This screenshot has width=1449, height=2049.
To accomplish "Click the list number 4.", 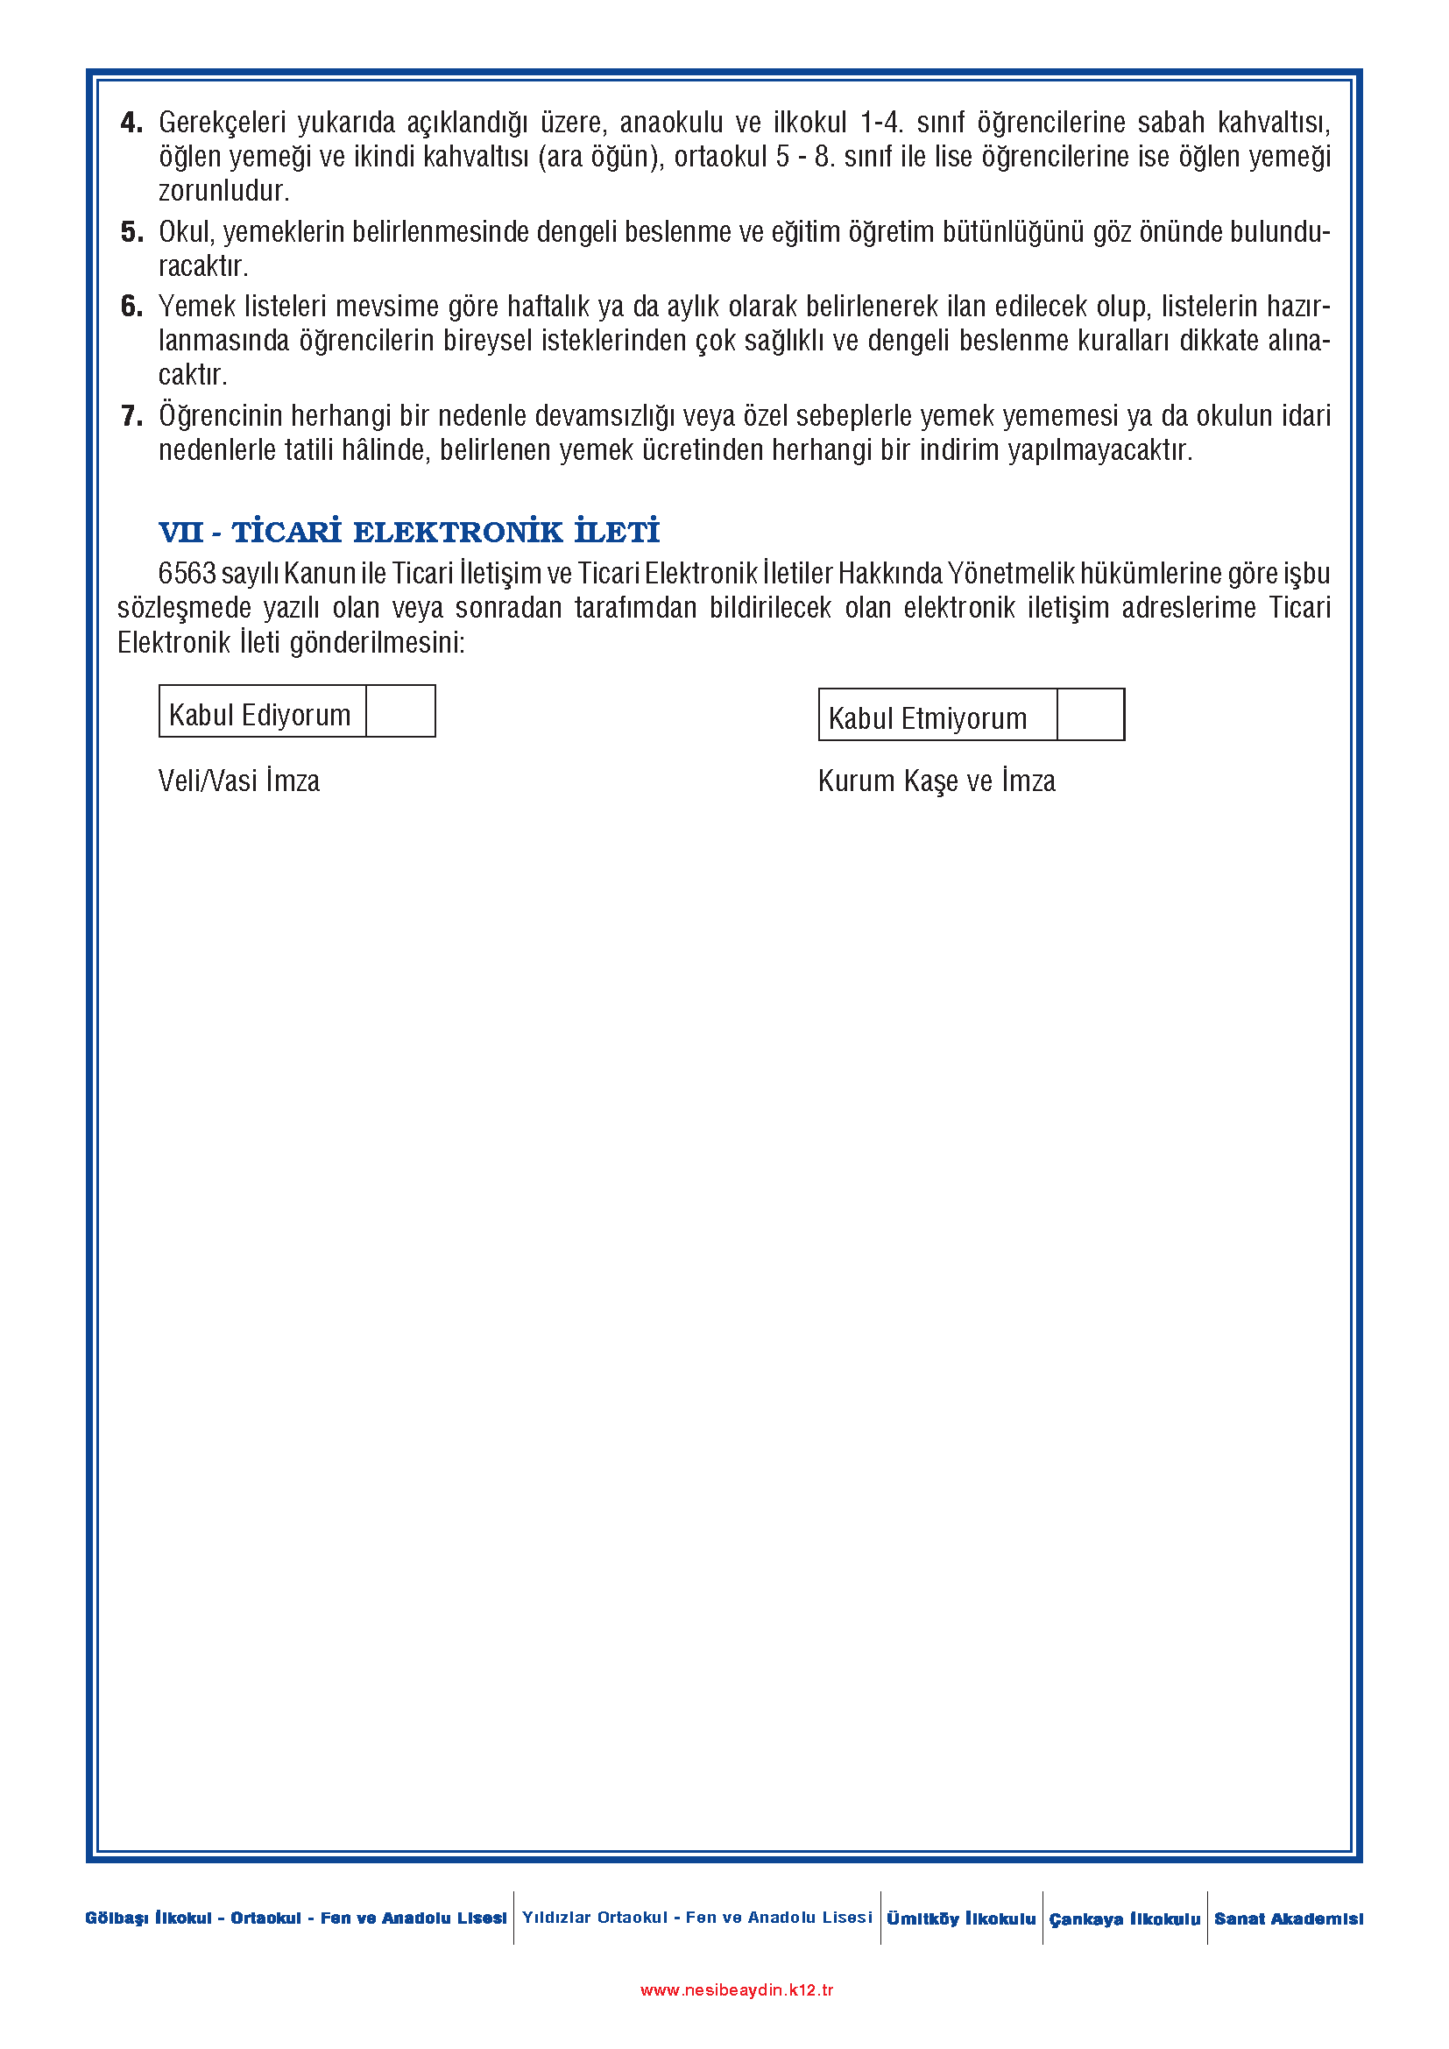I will (131, 123).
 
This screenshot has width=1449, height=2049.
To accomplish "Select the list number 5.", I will (131, 232).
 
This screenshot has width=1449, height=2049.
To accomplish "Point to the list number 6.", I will (131, 307).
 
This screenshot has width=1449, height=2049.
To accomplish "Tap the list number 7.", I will (131, 416).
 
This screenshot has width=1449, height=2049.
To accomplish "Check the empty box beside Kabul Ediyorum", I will (400, 711).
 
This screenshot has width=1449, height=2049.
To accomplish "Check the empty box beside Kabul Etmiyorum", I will (1091, 715).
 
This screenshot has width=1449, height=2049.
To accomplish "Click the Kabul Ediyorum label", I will (259, 715).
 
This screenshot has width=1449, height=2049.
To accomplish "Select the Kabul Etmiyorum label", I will (927, 718).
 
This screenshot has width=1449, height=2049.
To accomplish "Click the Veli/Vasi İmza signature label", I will (238, 781).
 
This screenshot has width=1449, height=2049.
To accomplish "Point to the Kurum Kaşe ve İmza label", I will (936, 781).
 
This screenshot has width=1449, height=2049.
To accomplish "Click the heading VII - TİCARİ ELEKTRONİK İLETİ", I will (408, 532).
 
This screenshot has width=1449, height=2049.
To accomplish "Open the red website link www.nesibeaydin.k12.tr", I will (736, 1990).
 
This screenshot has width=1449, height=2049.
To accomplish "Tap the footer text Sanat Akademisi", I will (1288, 1918).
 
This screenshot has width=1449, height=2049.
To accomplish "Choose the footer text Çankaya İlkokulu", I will (1124, 1918).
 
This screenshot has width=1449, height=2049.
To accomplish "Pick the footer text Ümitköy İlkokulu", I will (961, 1918).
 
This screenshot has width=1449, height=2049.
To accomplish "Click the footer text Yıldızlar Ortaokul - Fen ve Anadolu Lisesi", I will (696, 1917).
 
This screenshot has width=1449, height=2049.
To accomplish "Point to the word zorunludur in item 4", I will (224, 191).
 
